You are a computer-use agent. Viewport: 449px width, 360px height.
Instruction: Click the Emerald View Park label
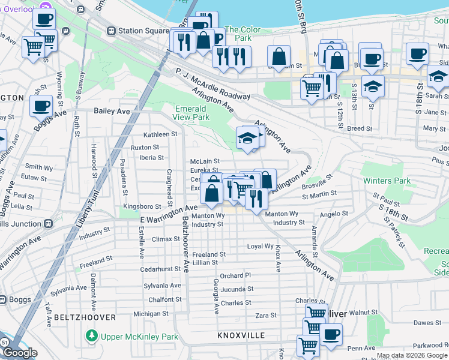click(x=191, y=113)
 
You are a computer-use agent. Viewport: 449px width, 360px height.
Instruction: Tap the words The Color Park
click(x=243, y=34)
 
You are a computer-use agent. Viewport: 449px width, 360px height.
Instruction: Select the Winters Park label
click(x=386, y=181)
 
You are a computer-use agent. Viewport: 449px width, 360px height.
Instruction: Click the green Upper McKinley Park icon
click(x=91, y=334)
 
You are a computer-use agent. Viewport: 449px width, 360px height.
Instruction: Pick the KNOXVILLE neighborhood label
click(x=241, y=335)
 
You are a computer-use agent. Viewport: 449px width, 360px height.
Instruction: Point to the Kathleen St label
click(x=158, y=135)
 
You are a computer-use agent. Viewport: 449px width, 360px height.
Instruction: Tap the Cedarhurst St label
click(x=161, y=269)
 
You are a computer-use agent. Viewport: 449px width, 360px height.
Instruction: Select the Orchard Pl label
click(x=235, y=276)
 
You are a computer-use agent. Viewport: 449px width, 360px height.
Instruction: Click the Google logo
click(x=20, y=353)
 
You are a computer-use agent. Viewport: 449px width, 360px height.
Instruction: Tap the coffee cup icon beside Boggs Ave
click(x=41, y=106)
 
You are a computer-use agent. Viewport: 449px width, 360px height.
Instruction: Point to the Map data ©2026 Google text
click(x=412, y=356)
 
